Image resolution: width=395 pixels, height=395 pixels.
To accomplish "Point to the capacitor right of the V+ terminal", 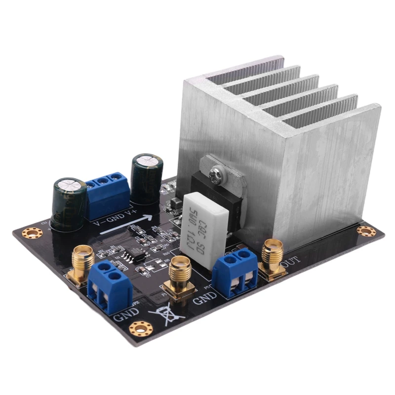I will (x=147, y=178).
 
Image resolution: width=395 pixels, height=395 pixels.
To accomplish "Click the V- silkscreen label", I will (x=99, y=222).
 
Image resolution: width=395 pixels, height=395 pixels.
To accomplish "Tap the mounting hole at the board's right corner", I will (x=366, y=231).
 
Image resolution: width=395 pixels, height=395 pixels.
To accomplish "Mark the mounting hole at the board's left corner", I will (x=32, y=232).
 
